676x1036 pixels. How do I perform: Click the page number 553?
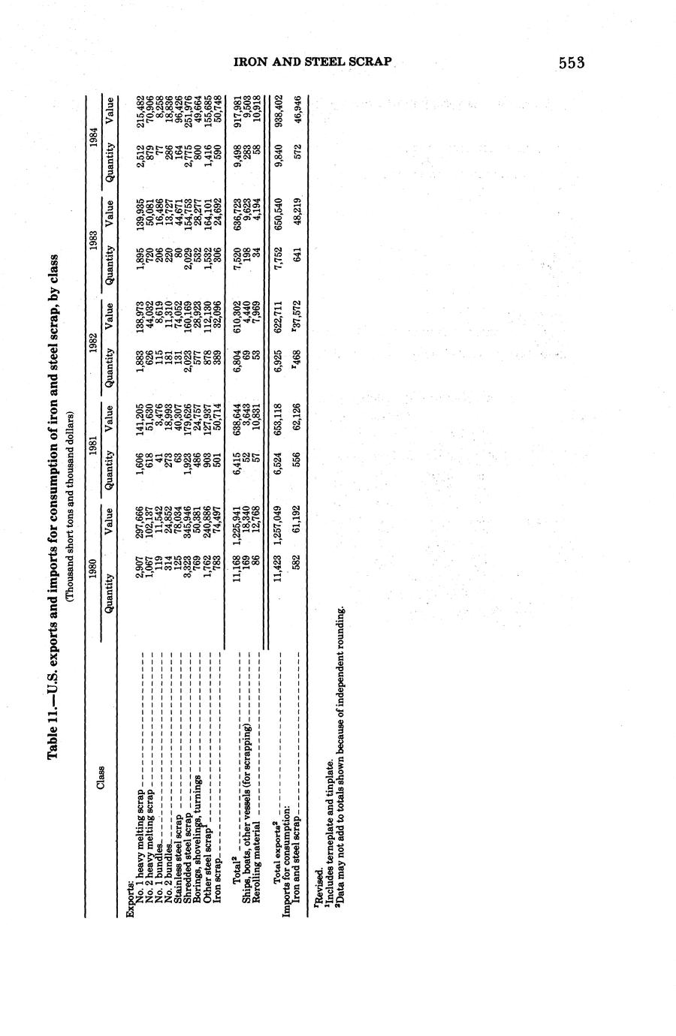click(x=571, y=63)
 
